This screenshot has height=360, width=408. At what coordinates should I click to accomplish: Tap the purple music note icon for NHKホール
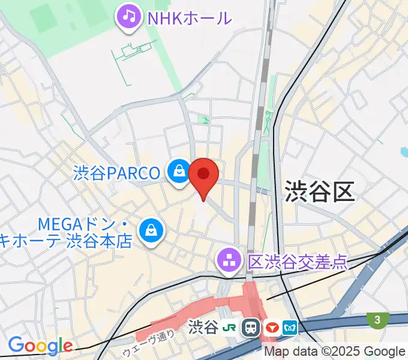pyautogui.click(x=129, y=16)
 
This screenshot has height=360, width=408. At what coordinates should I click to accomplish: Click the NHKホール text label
pyautogui.click(x=190, y=17)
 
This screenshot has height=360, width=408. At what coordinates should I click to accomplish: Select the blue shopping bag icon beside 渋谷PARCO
pyautogui.click(x=178, y=173)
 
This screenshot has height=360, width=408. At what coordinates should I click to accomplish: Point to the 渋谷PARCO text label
pyautogui.click(x=117, y=173)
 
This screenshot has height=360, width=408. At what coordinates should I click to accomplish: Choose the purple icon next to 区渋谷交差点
pyautogui.click(x=229, y=261)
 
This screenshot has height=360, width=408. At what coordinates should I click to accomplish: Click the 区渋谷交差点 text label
pyautogui.click(x=298, y=261)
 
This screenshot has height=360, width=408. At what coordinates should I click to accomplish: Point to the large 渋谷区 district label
pyautogui.click(x=320, y=191)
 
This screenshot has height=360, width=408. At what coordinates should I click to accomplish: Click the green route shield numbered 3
pyautogui.click(x=377, y=320)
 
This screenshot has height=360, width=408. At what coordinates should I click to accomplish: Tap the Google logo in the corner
pyautogui.click(x=40, y=346)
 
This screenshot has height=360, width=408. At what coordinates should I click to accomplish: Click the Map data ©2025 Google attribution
pyautogui.click(x=335, y=352)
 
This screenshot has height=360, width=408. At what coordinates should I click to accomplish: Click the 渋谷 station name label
pyautogui.click(x=202, y=328)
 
